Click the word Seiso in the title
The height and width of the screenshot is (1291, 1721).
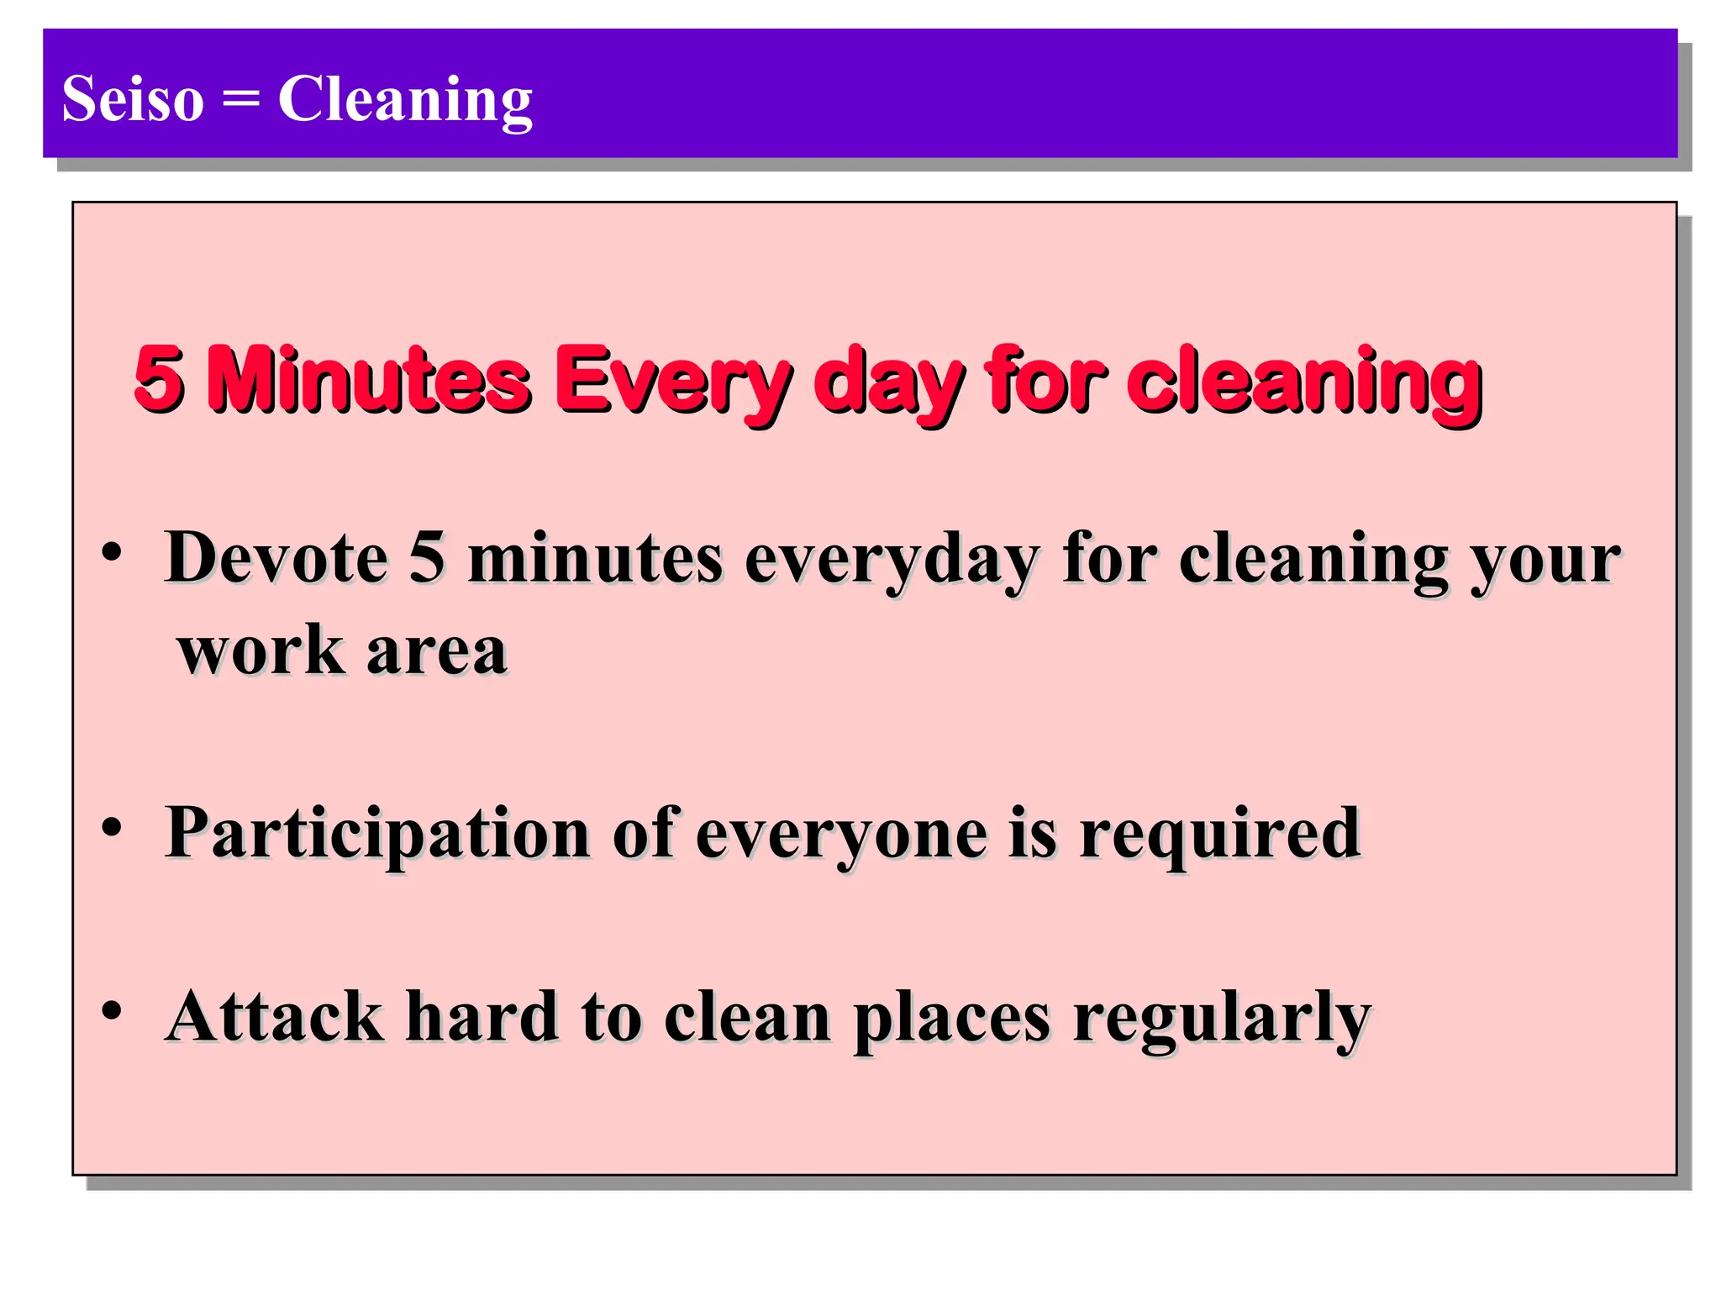(133, 99)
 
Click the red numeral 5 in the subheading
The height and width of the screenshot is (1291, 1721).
(159, 379)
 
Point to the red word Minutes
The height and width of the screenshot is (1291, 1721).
(370, 379)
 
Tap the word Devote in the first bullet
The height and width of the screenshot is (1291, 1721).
(276, 557)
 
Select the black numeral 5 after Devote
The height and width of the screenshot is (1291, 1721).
(427, 557)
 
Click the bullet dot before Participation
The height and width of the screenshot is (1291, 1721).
(112, 828)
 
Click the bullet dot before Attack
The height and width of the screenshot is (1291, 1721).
(112, 1009)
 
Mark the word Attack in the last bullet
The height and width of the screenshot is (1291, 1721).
(274, 1017)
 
